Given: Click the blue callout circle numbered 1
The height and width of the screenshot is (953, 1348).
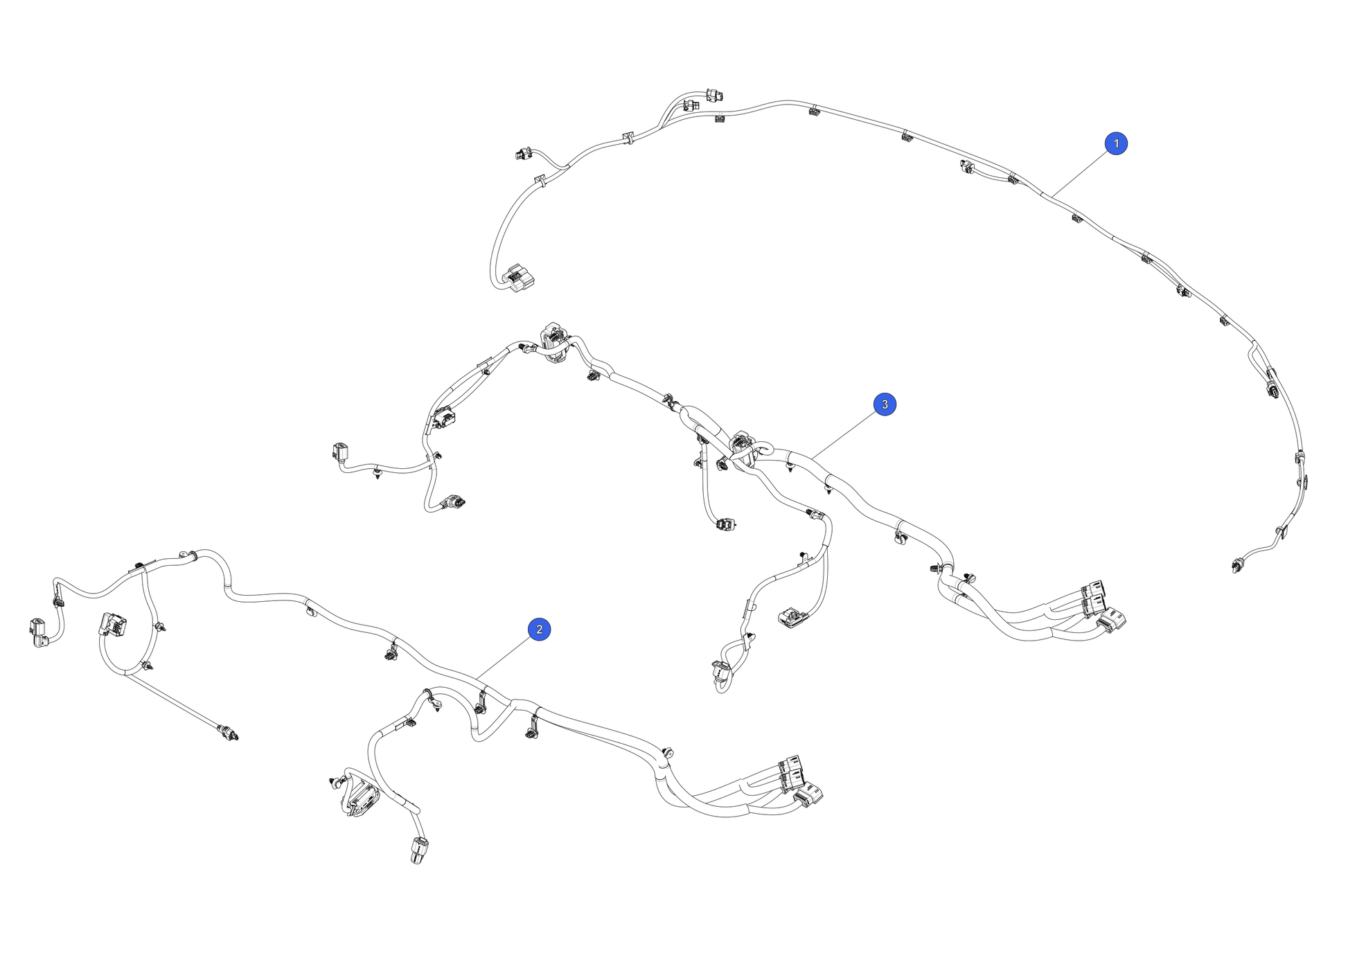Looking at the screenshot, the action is (1116, 143).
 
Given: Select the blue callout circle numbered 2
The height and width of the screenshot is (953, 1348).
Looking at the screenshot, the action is (540, 630).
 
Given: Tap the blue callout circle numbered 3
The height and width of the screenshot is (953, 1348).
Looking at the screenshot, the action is (885, 404).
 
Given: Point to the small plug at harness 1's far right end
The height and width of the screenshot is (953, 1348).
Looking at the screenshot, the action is (1238, 566).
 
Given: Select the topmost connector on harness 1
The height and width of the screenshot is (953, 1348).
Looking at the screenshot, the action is (714, 94).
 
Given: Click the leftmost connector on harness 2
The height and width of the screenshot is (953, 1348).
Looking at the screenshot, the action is (39, 632).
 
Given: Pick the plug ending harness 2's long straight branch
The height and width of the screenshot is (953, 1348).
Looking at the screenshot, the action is (228, 732).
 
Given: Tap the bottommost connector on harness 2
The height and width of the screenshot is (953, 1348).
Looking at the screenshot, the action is (419, 850).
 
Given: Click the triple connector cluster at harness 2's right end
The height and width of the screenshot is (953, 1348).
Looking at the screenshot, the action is (800, 781).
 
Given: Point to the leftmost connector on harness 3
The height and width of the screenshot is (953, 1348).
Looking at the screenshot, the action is (341, 452).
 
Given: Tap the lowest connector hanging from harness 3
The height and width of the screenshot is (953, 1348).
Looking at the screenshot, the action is (720, 675).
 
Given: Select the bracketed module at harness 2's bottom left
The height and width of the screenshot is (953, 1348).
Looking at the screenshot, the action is (361, 797).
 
